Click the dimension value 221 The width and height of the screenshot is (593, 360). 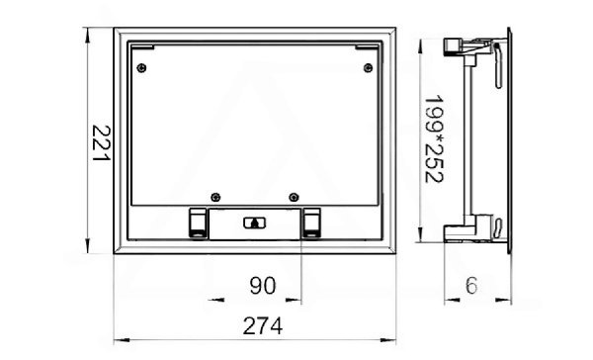(x=102, y=142)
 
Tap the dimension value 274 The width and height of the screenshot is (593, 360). (x=263, y=326)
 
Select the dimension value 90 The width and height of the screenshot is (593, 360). (x=263, y=286)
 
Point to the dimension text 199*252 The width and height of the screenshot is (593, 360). (x=434, y=138)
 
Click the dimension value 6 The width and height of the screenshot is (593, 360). (x=471, y=286)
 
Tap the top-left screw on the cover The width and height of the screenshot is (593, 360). (x=141, y=68)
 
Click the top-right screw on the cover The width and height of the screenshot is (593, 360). (x=368, y=68)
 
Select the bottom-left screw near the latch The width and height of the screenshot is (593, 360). (x=215, y=197)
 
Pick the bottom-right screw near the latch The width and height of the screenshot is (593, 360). (x=294, y=197)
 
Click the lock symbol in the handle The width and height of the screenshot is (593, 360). (x=255, y=223)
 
